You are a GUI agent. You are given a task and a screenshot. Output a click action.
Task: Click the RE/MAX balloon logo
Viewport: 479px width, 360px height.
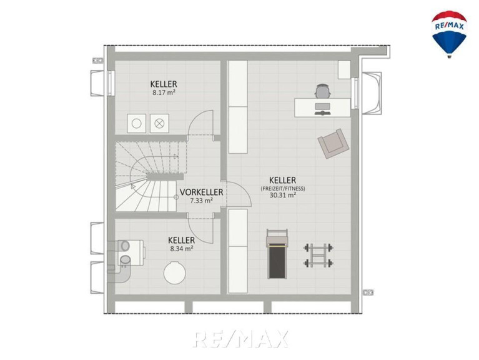[x=449, y=34]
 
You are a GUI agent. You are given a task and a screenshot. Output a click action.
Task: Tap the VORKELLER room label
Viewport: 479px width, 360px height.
[x=201, y=192]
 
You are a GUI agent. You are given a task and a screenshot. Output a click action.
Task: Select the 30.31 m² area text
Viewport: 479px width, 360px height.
[x=282, y=195]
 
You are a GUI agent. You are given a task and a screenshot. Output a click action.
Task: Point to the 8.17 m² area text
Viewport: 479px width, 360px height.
[x=164, y=92]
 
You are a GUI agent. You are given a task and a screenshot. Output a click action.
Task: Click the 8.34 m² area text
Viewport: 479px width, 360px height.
[x=182, y=249]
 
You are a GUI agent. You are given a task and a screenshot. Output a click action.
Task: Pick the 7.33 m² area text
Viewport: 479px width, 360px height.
[x=201, y=201]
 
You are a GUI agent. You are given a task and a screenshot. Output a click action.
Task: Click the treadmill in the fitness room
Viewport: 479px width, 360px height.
[x=277, y=254]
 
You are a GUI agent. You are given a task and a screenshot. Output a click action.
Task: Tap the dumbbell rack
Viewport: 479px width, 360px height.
[x=319, y=255]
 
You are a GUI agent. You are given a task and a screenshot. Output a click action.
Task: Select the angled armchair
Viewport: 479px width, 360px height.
[x=333, y=143]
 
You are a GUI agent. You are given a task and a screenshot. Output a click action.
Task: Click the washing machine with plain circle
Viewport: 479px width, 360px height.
[x=136, y=124]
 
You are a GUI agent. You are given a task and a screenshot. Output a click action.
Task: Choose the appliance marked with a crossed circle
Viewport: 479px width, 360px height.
[x=159, y=124]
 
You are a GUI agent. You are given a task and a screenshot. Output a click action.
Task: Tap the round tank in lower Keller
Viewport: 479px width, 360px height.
[x=174, y=272]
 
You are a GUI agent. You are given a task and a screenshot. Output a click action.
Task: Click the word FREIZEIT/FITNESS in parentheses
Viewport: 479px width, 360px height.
[x=283, y=189]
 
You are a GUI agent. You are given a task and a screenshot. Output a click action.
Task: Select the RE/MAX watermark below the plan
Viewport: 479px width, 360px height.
[x=240, y=339]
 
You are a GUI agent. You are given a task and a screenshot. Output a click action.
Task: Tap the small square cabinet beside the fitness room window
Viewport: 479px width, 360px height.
[x=344, y=69]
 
